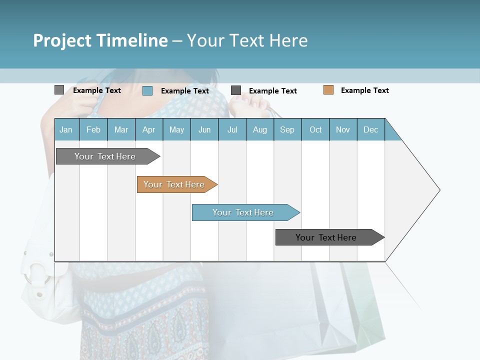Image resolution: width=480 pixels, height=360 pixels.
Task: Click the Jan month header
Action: click(66, 129)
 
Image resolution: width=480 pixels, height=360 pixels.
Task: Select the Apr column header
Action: click(148, 129)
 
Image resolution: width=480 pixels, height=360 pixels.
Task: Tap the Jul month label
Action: click(232, 129)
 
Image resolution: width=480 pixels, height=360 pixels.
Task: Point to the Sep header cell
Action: click(287, 129)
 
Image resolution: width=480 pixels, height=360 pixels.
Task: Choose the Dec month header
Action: click(370, 129)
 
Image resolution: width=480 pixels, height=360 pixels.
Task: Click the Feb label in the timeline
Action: click(93, 129)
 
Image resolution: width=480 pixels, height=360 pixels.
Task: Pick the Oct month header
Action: click(315, 129)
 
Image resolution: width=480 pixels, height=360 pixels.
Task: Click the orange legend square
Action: click(328, 90)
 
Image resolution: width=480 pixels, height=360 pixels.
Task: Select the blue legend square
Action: click(147, 90)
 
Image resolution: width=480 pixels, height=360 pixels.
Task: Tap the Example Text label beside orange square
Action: click(364, 90)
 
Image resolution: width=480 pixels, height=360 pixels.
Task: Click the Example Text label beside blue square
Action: click(184, 91)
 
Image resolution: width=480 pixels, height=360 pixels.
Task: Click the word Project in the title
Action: click(62, 40)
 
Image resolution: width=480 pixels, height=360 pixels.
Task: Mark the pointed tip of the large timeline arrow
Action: click(439, 190)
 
